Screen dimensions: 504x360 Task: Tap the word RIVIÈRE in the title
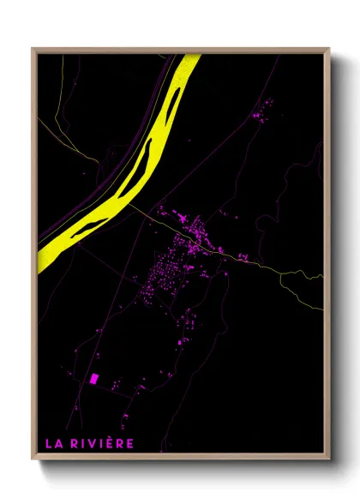click(x=101, y=443)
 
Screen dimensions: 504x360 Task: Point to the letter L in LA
click(x=49, y=443)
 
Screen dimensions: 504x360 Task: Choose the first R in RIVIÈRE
click(x=73, y=443)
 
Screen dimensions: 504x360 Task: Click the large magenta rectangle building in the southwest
click(x=93, y=378)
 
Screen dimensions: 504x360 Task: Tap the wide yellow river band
click(x=154, y=146)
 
